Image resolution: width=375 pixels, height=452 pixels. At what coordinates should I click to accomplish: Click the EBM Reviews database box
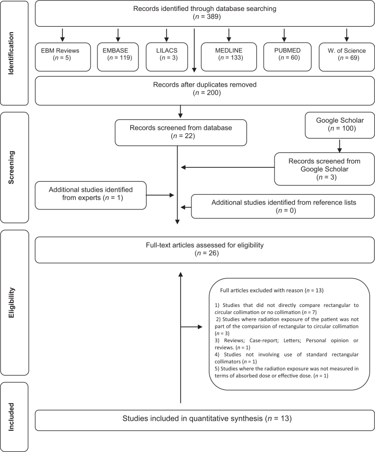click(63, 57)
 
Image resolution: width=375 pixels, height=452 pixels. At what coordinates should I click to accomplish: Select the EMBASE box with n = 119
click(118, 57)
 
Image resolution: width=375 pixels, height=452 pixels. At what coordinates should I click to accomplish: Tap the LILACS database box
click(167, 57)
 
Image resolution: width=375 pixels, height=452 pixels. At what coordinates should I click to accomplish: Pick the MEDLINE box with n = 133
click(229, 57)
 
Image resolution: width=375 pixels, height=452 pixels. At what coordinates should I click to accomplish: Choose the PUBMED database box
click(287, 57)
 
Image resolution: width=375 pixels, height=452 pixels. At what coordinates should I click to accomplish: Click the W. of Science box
click(347, 57)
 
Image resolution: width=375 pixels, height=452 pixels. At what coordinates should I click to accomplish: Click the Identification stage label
click(11, 53)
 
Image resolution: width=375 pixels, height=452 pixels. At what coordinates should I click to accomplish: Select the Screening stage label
click(11, 167)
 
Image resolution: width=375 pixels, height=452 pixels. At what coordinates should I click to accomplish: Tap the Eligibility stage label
click(11, 302)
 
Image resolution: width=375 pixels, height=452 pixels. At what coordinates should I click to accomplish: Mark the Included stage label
click(11, 417)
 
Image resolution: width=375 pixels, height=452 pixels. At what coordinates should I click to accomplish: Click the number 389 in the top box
click(213, 16)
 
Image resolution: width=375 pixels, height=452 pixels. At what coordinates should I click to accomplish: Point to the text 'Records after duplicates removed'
click(205, 85)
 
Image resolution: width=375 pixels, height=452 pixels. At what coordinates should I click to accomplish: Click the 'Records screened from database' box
click(181, 133)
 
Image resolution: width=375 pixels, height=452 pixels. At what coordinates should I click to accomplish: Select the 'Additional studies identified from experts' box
click(91, 195)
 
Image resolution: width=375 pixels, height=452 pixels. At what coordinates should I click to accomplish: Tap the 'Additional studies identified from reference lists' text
click(283, 202)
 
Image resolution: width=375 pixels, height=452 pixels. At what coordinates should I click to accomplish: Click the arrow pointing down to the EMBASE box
click(118, 35)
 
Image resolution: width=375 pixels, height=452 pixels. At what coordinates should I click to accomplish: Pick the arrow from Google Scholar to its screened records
click(339, 146)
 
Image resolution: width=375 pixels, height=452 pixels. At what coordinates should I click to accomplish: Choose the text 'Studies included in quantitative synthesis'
click(192, 418)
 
